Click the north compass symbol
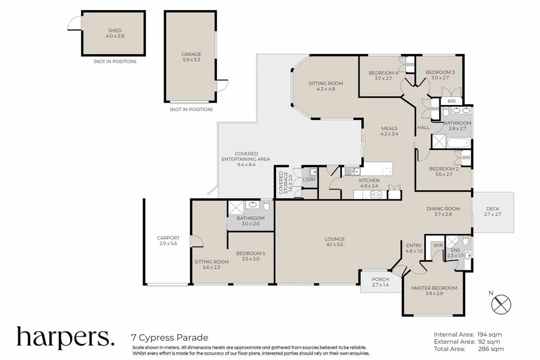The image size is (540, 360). point(501,304)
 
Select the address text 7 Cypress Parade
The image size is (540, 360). point(169,337)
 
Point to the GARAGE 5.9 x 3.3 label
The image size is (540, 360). point(191,57)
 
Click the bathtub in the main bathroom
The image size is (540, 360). point(459,143)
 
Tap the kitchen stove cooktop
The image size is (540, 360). point(375,194)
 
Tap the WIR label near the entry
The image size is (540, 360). point(438,245)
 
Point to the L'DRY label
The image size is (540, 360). point(309,180)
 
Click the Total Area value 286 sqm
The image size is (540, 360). point(490,349)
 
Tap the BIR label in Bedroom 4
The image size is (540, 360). point(410,64)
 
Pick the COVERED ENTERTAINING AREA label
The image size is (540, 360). point(246,159)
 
